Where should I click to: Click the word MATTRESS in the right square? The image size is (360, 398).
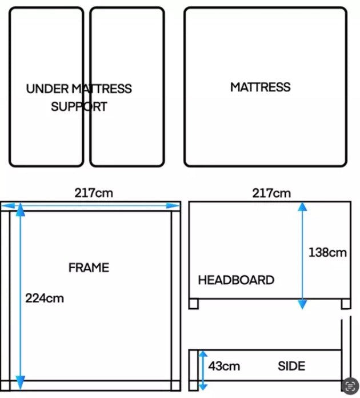[261, 87]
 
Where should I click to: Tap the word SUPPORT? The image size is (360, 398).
[79, 106]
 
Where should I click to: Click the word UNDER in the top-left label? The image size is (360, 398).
[47, 89]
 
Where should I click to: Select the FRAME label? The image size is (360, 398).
[89, 268]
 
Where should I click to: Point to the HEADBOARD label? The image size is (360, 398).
[236, 280]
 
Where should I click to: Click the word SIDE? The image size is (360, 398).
[291, 366]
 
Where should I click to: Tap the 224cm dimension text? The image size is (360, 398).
[45, 298]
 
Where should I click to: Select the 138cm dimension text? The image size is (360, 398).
[327, 253]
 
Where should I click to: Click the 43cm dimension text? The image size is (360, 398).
[224, 366]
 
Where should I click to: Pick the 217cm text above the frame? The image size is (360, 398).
[94, 193]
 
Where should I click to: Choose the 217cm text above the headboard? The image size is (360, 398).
[271, 193]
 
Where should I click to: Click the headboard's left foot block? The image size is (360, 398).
[194, 304]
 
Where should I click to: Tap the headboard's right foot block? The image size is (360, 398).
[346, 304]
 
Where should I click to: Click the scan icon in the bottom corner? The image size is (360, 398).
[350, 386]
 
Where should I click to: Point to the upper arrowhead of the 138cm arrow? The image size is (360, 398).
[302, 206]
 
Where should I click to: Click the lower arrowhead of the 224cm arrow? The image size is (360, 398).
[21, 383]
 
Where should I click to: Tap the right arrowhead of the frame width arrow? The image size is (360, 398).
[173, 206]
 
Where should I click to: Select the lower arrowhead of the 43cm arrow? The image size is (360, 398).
[203, 387]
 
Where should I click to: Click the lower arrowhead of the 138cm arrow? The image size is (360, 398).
[302, 304]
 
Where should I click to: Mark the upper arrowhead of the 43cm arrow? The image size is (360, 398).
[203, 353]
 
